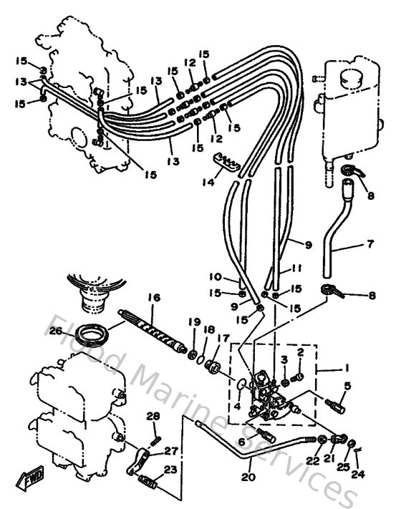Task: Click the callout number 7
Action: (x=370, y=244)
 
